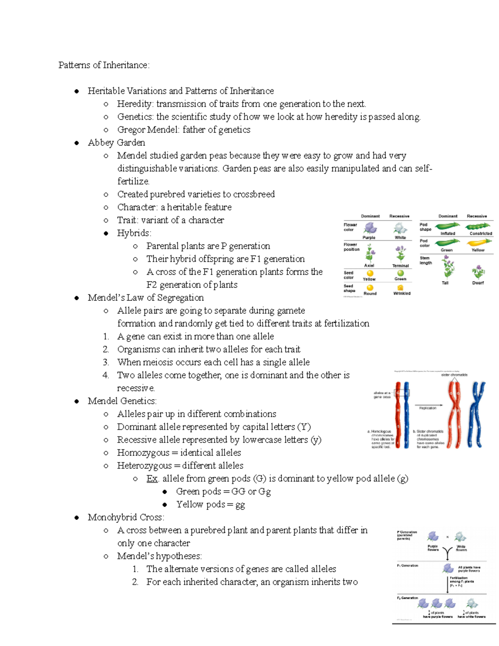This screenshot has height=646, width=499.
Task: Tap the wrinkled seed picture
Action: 400,287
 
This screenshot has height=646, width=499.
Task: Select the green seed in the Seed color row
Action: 400,273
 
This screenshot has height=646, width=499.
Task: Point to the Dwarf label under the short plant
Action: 478,283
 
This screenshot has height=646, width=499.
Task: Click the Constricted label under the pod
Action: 481,233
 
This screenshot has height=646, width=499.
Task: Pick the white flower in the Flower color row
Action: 400,228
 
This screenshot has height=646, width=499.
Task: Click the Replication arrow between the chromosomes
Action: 428,405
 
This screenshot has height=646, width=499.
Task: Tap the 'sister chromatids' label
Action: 454,375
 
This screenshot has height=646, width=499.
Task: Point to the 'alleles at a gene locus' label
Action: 382,395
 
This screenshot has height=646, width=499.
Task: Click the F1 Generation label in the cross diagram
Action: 407,566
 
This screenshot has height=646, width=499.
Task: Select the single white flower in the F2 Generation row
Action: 472,604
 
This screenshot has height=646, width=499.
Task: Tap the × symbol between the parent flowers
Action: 447,537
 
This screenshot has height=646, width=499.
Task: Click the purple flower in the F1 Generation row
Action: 448,568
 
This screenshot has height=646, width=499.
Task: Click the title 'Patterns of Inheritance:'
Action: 104,65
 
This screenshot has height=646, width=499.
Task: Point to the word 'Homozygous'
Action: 143,453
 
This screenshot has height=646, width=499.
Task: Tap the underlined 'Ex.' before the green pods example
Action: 152,478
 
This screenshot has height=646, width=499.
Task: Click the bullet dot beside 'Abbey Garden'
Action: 77,143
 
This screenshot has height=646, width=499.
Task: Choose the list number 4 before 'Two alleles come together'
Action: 106,375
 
